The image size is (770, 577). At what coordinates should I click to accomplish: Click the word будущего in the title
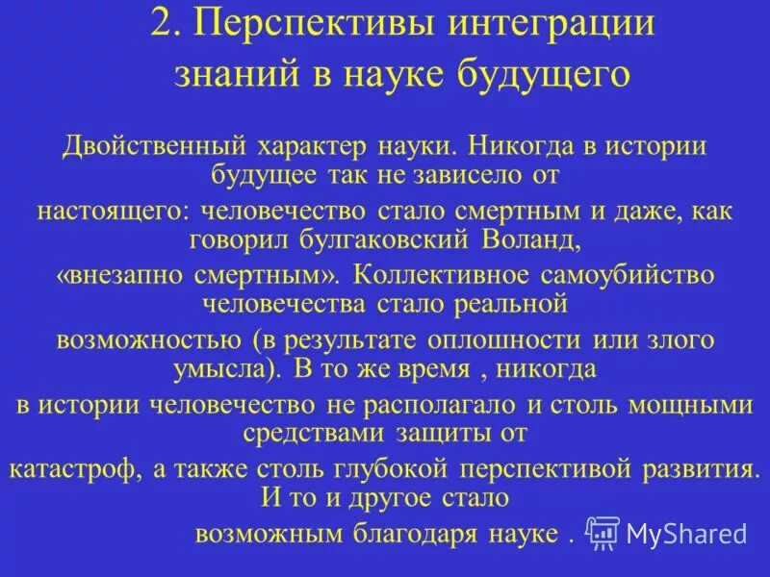pyautogui.click(x=524, y=73)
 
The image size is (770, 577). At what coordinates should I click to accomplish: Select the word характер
pyautogui.click(x=312, y=147)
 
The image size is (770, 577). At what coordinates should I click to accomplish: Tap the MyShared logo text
pyautogui.click(x=684, y=534)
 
